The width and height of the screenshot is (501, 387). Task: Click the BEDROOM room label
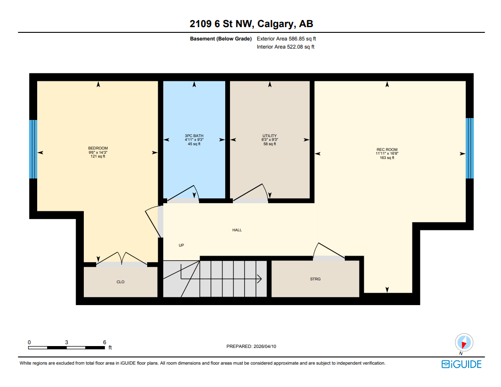tap(98, 148)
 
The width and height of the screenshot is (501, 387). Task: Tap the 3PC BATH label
tap(194, 136)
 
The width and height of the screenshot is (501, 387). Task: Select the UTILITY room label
tap(270, 136)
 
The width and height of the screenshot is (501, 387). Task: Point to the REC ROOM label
tap(387, 149)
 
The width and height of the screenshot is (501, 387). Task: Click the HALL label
tap(237, 230)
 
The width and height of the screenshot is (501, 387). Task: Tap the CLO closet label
tap(120, 282)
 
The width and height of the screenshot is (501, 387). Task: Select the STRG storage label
tap(315, 279)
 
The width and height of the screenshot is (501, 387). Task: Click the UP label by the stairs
tap(181, 245)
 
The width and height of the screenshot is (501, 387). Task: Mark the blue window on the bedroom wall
tap(33, 149)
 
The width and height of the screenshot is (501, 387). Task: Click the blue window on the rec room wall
tap(470, 148)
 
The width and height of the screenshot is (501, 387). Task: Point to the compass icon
tap(463, 343)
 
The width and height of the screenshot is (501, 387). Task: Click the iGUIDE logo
tap(461, 364)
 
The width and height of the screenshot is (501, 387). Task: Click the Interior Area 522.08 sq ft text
tap(285, 47)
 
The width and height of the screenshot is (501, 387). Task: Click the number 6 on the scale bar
tap(104, 342)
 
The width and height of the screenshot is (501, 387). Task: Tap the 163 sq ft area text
tap(387, 158)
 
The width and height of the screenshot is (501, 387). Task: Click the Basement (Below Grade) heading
tap(220, 39)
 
